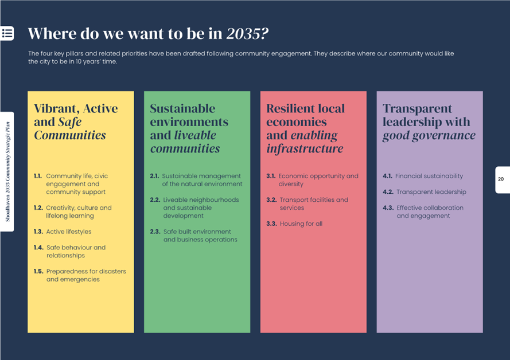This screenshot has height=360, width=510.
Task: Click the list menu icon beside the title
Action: (x=7, y=33)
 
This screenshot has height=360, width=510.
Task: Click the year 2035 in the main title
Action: (x=247, y=33)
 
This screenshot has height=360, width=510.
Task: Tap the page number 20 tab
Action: (x=501, y=179)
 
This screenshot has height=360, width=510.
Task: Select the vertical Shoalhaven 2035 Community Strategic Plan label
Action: (x=7, y=171)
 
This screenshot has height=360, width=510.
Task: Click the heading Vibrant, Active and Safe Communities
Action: (x=75, y=122)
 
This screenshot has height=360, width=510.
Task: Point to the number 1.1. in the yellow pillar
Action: (x=38, y=176)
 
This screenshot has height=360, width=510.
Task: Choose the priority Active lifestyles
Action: (x=68, y=232)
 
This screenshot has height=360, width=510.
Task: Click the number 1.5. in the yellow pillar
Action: (x=38, y=272)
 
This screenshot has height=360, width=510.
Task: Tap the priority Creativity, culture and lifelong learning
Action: (x=79, y=212)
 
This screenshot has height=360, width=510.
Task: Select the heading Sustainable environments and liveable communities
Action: (x=189, y=128)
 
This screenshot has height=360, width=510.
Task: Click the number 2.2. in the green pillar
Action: (x=155, y=200)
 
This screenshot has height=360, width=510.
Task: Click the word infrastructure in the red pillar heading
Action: (x=305, y=149)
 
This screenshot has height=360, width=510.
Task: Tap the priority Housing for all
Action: (x=301, y=224)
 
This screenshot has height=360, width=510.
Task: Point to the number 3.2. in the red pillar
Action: (x=271, y=200)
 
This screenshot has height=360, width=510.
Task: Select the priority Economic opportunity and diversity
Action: (x=318, y=180)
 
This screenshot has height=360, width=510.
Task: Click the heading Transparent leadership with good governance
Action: (x=429, y=122)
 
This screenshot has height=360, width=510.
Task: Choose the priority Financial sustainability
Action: (x=429, y=176)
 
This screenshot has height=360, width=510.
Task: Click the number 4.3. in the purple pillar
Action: (x=388, y=208)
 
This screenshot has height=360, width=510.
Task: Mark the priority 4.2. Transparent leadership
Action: (x=431, y=192)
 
